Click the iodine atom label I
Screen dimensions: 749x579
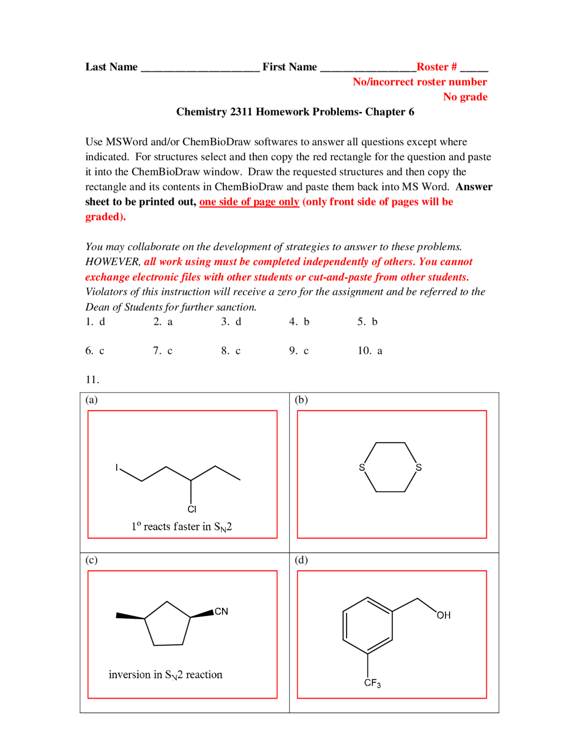117,468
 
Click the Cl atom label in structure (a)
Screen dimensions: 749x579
192,509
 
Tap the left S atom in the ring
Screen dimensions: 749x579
361,468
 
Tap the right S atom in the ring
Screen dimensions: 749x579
418,468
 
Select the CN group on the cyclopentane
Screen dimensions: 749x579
221,612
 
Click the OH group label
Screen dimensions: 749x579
443,615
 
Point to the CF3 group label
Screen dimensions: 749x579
372,683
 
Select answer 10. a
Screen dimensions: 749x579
370,351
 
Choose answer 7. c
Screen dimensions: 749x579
162,351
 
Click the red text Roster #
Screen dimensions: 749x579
436,67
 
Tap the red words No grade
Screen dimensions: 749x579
465,97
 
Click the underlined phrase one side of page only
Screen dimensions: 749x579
249,202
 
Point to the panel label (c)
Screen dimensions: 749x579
91,560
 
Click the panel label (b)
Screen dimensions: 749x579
301,400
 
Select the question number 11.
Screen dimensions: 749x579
92,379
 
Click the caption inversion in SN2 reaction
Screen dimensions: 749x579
165,675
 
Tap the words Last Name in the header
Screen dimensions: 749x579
111,67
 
